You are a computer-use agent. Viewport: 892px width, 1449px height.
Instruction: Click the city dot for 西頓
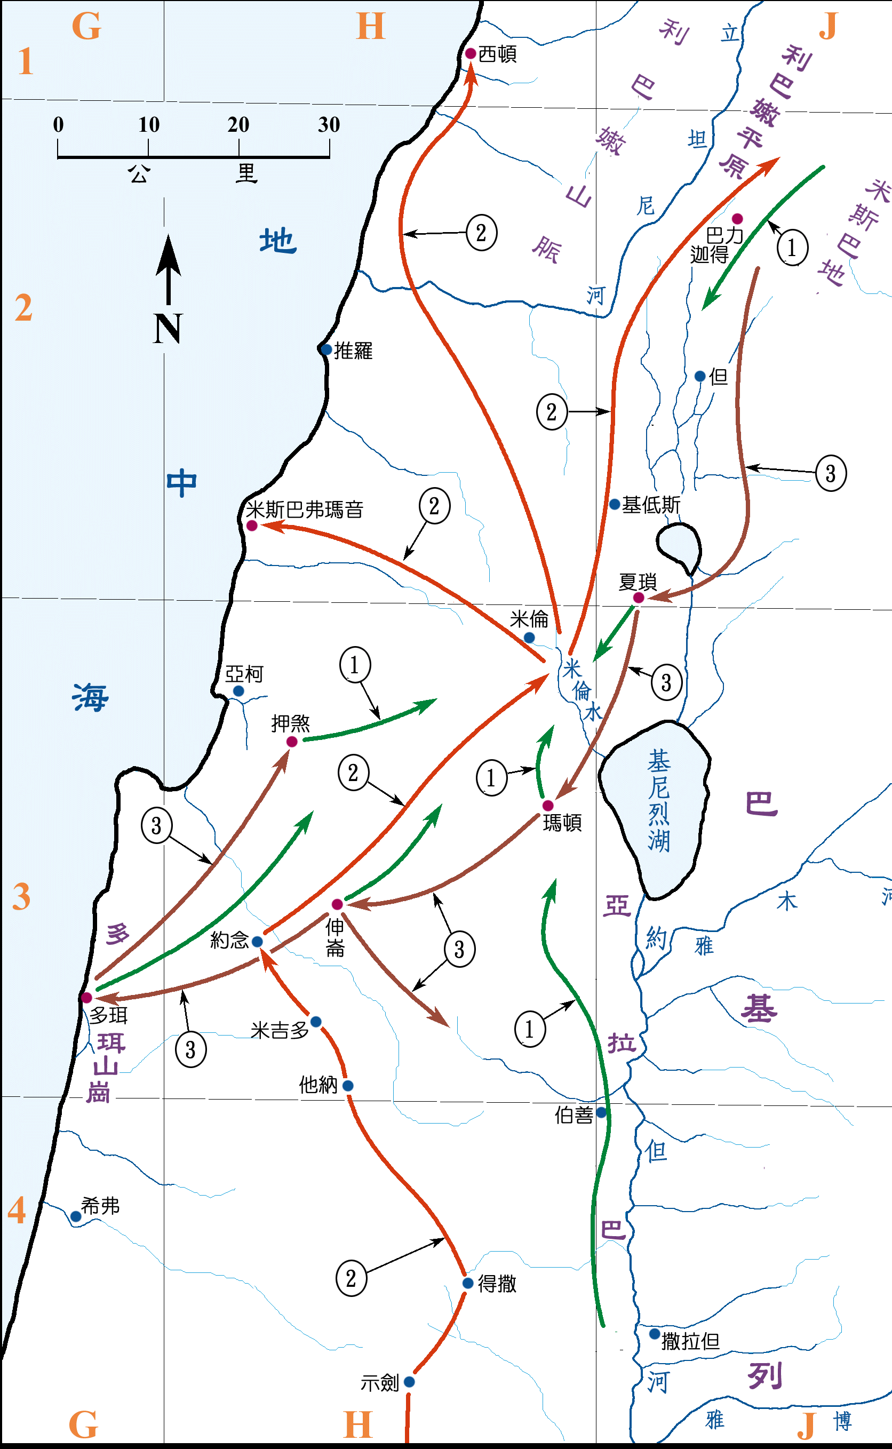[470, 54]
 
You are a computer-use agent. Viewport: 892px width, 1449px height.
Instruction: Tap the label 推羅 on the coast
[353, 351]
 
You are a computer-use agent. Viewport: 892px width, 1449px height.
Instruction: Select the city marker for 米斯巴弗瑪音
[252, 525]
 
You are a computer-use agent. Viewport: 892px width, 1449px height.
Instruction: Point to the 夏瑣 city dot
[638, 598]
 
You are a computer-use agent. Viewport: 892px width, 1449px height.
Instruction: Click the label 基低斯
[651, 505]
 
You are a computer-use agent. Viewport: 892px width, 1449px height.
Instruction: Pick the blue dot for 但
[700, 376]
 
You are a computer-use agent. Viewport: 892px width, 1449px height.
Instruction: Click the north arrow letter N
[168, 329]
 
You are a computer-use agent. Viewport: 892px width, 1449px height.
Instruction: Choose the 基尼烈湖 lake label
[658, 801]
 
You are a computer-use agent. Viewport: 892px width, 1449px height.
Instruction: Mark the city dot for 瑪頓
[547, 806]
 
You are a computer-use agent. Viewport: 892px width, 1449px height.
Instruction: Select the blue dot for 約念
[257, 942]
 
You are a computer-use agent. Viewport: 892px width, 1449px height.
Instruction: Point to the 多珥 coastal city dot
[87, 998]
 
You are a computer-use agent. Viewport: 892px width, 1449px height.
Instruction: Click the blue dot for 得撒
[468, 1283]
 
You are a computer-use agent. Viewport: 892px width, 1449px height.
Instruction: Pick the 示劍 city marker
[409, 1382]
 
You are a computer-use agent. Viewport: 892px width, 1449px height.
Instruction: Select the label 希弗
[100, 1206]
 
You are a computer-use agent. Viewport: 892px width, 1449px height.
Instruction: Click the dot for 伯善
[601, 1112]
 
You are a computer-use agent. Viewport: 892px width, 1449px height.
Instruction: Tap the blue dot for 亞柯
[238, 691]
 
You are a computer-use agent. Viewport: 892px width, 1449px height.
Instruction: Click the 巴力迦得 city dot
[737, 219]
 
